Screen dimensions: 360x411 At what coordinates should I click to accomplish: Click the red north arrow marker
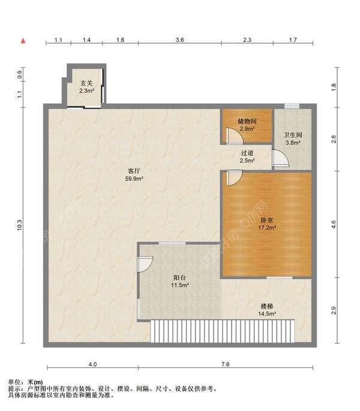[23, 41]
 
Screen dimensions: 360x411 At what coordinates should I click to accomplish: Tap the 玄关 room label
[86, 83]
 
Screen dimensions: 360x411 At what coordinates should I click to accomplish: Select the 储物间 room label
[247, 121]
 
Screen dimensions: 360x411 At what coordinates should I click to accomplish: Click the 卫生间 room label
[293, 135]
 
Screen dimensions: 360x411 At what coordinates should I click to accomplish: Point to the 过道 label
[247, 153]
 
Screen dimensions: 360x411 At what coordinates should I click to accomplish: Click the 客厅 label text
[134, 171]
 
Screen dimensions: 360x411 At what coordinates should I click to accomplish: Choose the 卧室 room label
[267, 220]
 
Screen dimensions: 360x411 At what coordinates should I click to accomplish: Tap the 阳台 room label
[180, 277]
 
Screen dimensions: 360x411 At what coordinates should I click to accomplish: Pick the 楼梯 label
[267, 306]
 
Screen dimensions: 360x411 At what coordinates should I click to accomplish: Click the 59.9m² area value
[134, 179]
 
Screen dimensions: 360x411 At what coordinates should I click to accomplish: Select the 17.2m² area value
[267, 228]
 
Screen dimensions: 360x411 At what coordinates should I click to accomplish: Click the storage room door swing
[234, 136]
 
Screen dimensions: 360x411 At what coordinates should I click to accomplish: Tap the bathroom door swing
[281, 158]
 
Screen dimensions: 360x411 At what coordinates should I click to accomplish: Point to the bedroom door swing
[234, 178]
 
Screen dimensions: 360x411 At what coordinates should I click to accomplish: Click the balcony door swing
[145, 264]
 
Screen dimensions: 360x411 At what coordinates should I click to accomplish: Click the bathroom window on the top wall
[292, 106]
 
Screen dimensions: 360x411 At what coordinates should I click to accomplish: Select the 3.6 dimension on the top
[179, 40]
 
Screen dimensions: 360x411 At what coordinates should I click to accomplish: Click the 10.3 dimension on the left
[19, 225]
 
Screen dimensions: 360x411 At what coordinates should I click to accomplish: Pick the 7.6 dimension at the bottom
[225, 364]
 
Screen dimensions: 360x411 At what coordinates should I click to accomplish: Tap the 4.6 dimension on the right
[334, 224]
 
